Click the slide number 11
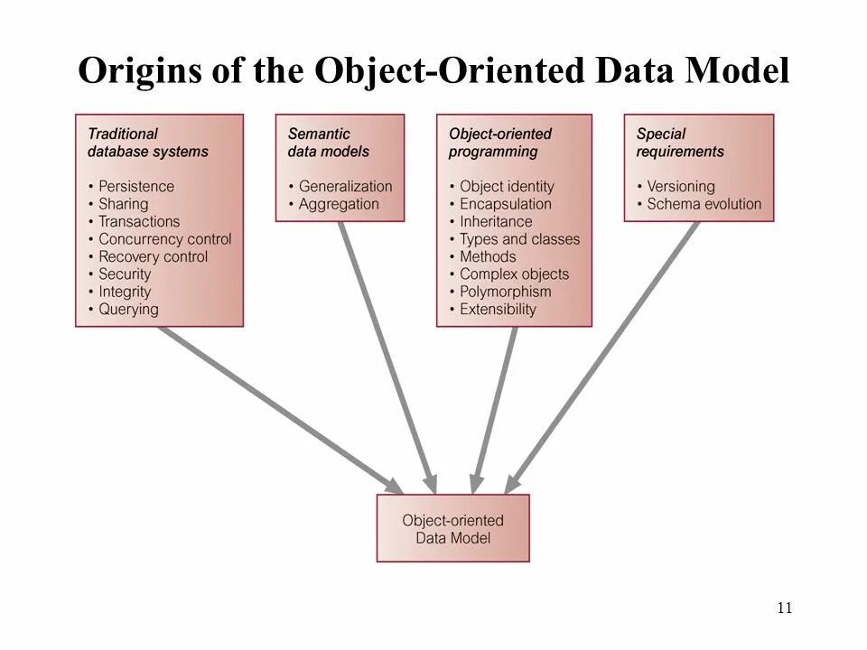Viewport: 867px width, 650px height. (x=784, y=608)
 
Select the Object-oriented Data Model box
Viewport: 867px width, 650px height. (x=452, y=529)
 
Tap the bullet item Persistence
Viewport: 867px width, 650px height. (x=135, y=186)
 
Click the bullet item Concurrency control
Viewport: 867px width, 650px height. (x=164, y=239)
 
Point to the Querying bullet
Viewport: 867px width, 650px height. (x=127, y=310)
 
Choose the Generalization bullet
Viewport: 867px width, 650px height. (x=345, y=186)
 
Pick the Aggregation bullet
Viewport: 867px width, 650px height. (x=339, y=204)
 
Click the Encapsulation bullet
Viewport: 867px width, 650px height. (x=505, y=204)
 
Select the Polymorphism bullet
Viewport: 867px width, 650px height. (x=505, y=292)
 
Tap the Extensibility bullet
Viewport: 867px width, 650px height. (x=498, y=310)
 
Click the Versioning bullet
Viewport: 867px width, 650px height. (x=680, y=186)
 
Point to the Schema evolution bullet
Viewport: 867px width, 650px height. (x=704, y=204)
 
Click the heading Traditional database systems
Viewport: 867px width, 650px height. (x=147, y=143)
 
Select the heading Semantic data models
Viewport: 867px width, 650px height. (x=329, y=143)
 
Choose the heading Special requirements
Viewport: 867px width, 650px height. (x=680, y=143)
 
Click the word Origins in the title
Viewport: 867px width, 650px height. (x=139, y=71)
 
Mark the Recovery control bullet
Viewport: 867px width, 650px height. (x=153, y=256)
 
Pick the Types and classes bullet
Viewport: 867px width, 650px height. (x=519, y=239)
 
